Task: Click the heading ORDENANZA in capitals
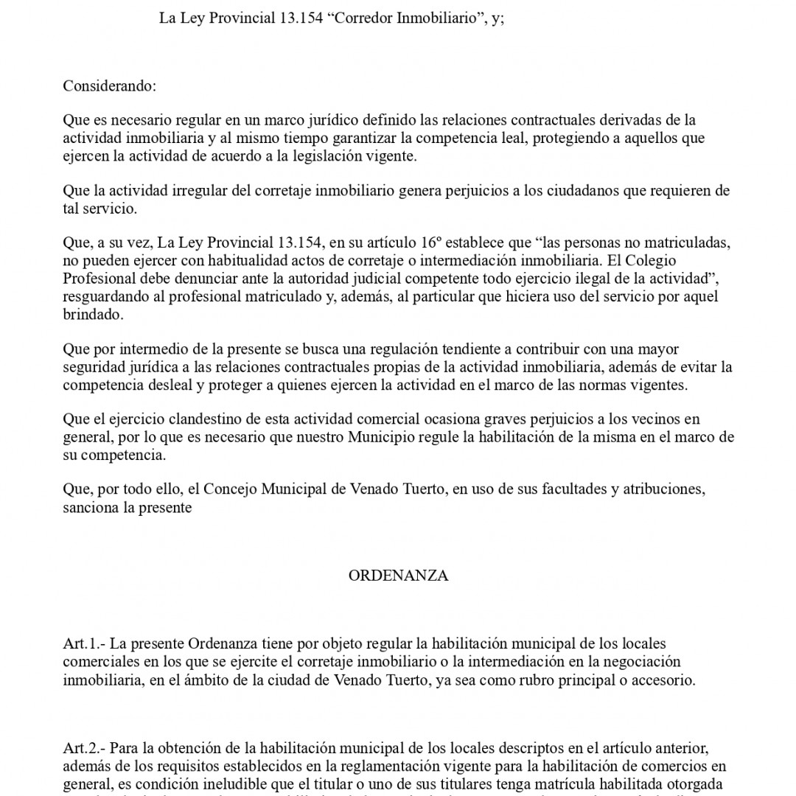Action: coord(398,576)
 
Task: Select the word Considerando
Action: coord(109,85)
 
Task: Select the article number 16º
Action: coord(461,244)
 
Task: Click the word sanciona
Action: coord(91,508)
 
